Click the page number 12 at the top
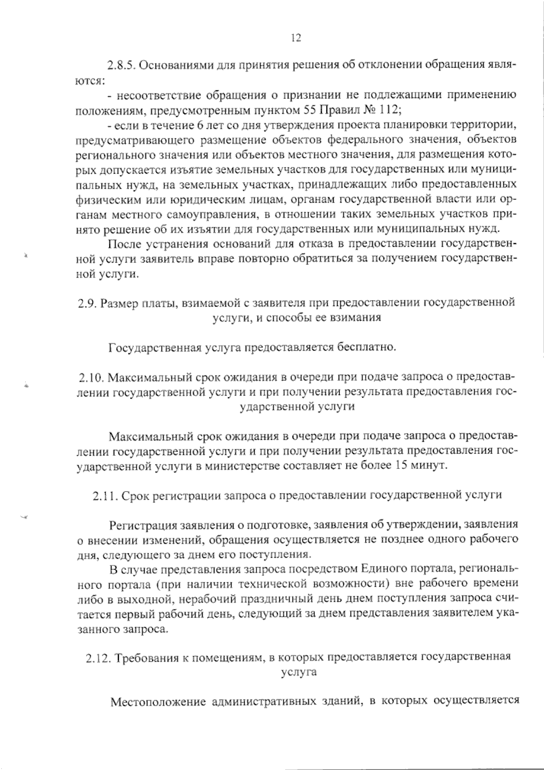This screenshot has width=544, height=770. coord(295,38)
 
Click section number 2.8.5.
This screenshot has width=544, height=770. coord(121,65)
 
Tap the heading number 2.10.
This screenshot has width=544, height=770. coord(92,378)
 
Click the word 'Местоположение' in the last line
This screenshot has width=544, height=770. coord(156,702)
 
